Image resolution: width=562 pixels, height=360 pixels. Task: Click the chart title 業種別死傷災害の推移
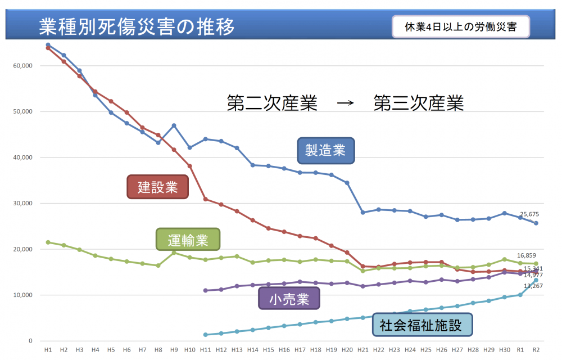click(x=137, y=26)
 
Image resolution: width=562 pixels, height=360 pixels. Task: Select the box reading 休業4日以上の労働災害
click(x=460, y=26)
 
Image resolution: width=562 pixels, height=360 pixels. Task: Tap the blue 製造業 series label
click(x=326, y=150)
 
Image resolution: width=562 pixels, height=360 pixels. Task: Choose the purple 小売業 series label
click(x=289, y=298)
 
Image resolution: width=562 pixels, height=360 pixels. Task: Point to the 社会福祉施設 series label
click(x=422, y=325)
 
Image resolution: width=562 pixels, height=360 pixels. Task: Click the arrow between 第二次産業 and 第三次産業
click(x=345, y=103)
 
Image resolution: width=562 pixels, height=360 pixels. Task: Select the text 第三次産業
click(x=419, y=103)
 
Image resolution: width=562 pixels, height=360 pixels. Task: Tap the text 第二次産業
click(x=273, y=103)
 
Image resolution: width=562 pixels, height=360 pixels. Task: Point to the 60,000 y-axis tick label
click(x=23, y=65)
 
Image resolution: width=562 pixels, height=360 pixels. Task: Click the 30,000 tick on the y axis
click(x=23, y=203)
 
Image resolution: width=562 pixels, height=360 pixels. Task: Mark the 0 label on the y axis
click(x=31, y=341)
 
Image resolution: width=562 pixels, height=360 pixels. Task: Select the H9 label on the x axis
click(x=174, y=349)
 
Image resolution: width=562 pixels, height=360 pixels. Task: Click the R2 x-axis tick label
click(x=536, y=349)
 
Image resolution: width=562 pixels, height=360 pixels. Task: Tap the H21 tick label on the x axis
click(x=362, y=349)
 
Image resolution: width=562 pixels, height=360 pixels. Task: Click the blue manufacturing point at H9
click(x=174, y=125)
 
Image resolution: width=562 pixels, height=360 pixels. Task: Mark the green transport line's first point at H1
click(x=48, y=242)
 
